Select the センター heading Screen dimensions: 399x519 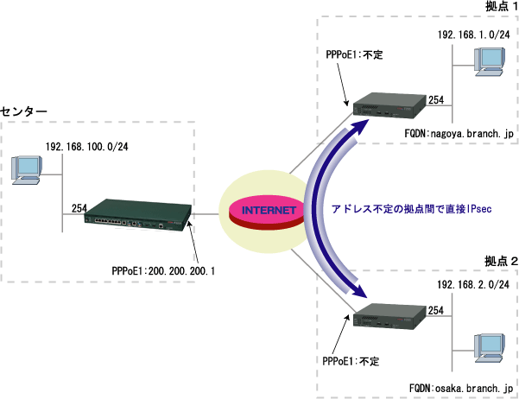pos(24,112)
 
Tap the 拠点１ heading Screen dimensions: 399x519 pos(490,8)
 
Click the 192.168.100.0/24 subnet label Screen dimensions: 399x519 pos(87,146)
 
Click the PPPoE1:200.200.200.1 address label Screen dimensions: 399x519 pos(163,270)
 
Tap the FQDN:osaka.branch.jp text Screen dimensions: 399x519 pos(461,389)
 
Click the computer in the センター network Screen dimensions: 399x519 pos(27,168)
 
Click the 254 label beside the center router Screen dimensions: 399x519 pos(79,208)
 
